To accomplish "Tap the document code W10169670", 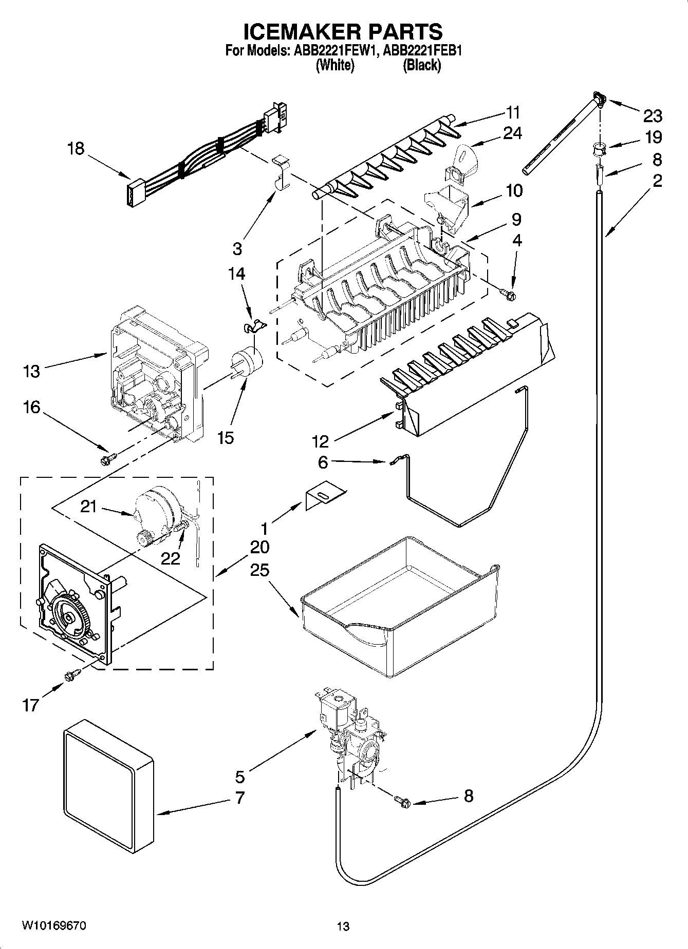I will coord(53,925).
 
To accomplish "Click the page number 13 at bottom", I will coord(343,926).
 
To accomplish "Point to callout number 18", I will coord(76,149).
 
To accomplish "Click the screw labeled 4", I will coord(509,294).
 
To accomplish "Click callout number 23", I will coord(653,116).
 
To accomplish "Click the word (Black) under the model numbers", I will coord(422,65).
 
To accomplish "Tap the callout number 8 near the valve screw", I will coord(468,796).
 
